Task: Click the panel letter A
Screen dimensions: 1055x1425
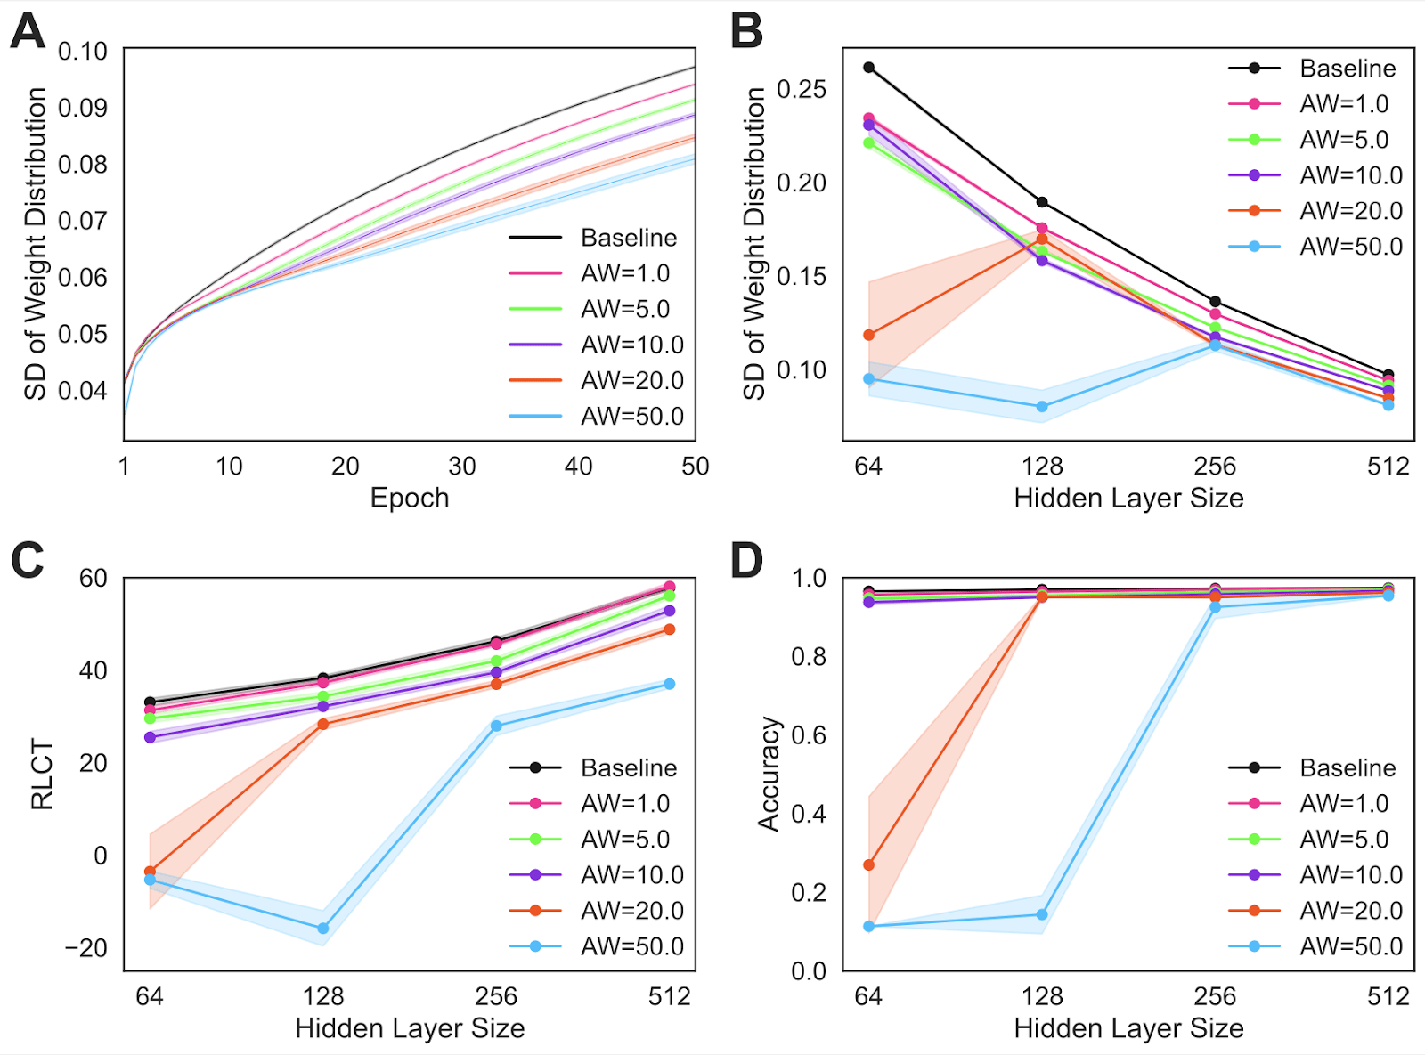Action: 28,32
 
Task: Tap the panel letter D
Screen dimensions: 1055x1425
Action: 746,561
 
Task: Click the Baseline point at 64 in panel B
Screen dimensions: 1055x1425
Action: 869,68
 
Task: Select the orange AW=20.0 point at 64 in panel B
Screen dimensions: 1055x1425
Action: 869,335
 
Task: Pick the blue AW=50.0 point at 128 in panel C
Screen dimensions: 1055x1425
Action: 323,929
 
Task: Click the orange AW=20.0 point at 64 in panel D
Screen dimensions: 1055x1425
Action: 869,864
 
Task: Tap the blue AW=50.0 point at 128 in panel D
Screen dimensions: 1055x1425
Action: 1042,914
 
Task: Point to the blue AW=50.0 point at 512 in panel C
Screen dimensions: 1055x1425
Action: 670,684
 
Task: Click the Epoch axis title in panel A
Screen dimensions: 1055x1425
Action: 410,498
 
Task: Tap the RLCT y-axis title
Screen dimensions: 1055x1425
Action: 42,775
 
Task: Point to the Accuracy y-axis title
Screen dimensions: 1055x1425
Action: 769,774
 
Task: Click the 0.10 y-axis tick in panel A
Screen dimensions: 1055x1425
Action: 83,52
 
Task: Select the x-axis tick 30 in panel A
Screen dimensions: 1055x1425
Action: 462,466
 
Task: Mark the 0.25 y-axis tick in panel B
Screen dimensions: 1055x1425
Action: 802,89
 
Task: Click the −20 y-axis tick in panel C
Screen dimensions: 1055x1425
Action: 86,948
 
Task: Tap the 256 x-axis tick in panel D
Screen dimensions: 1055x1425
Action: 1215,996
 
